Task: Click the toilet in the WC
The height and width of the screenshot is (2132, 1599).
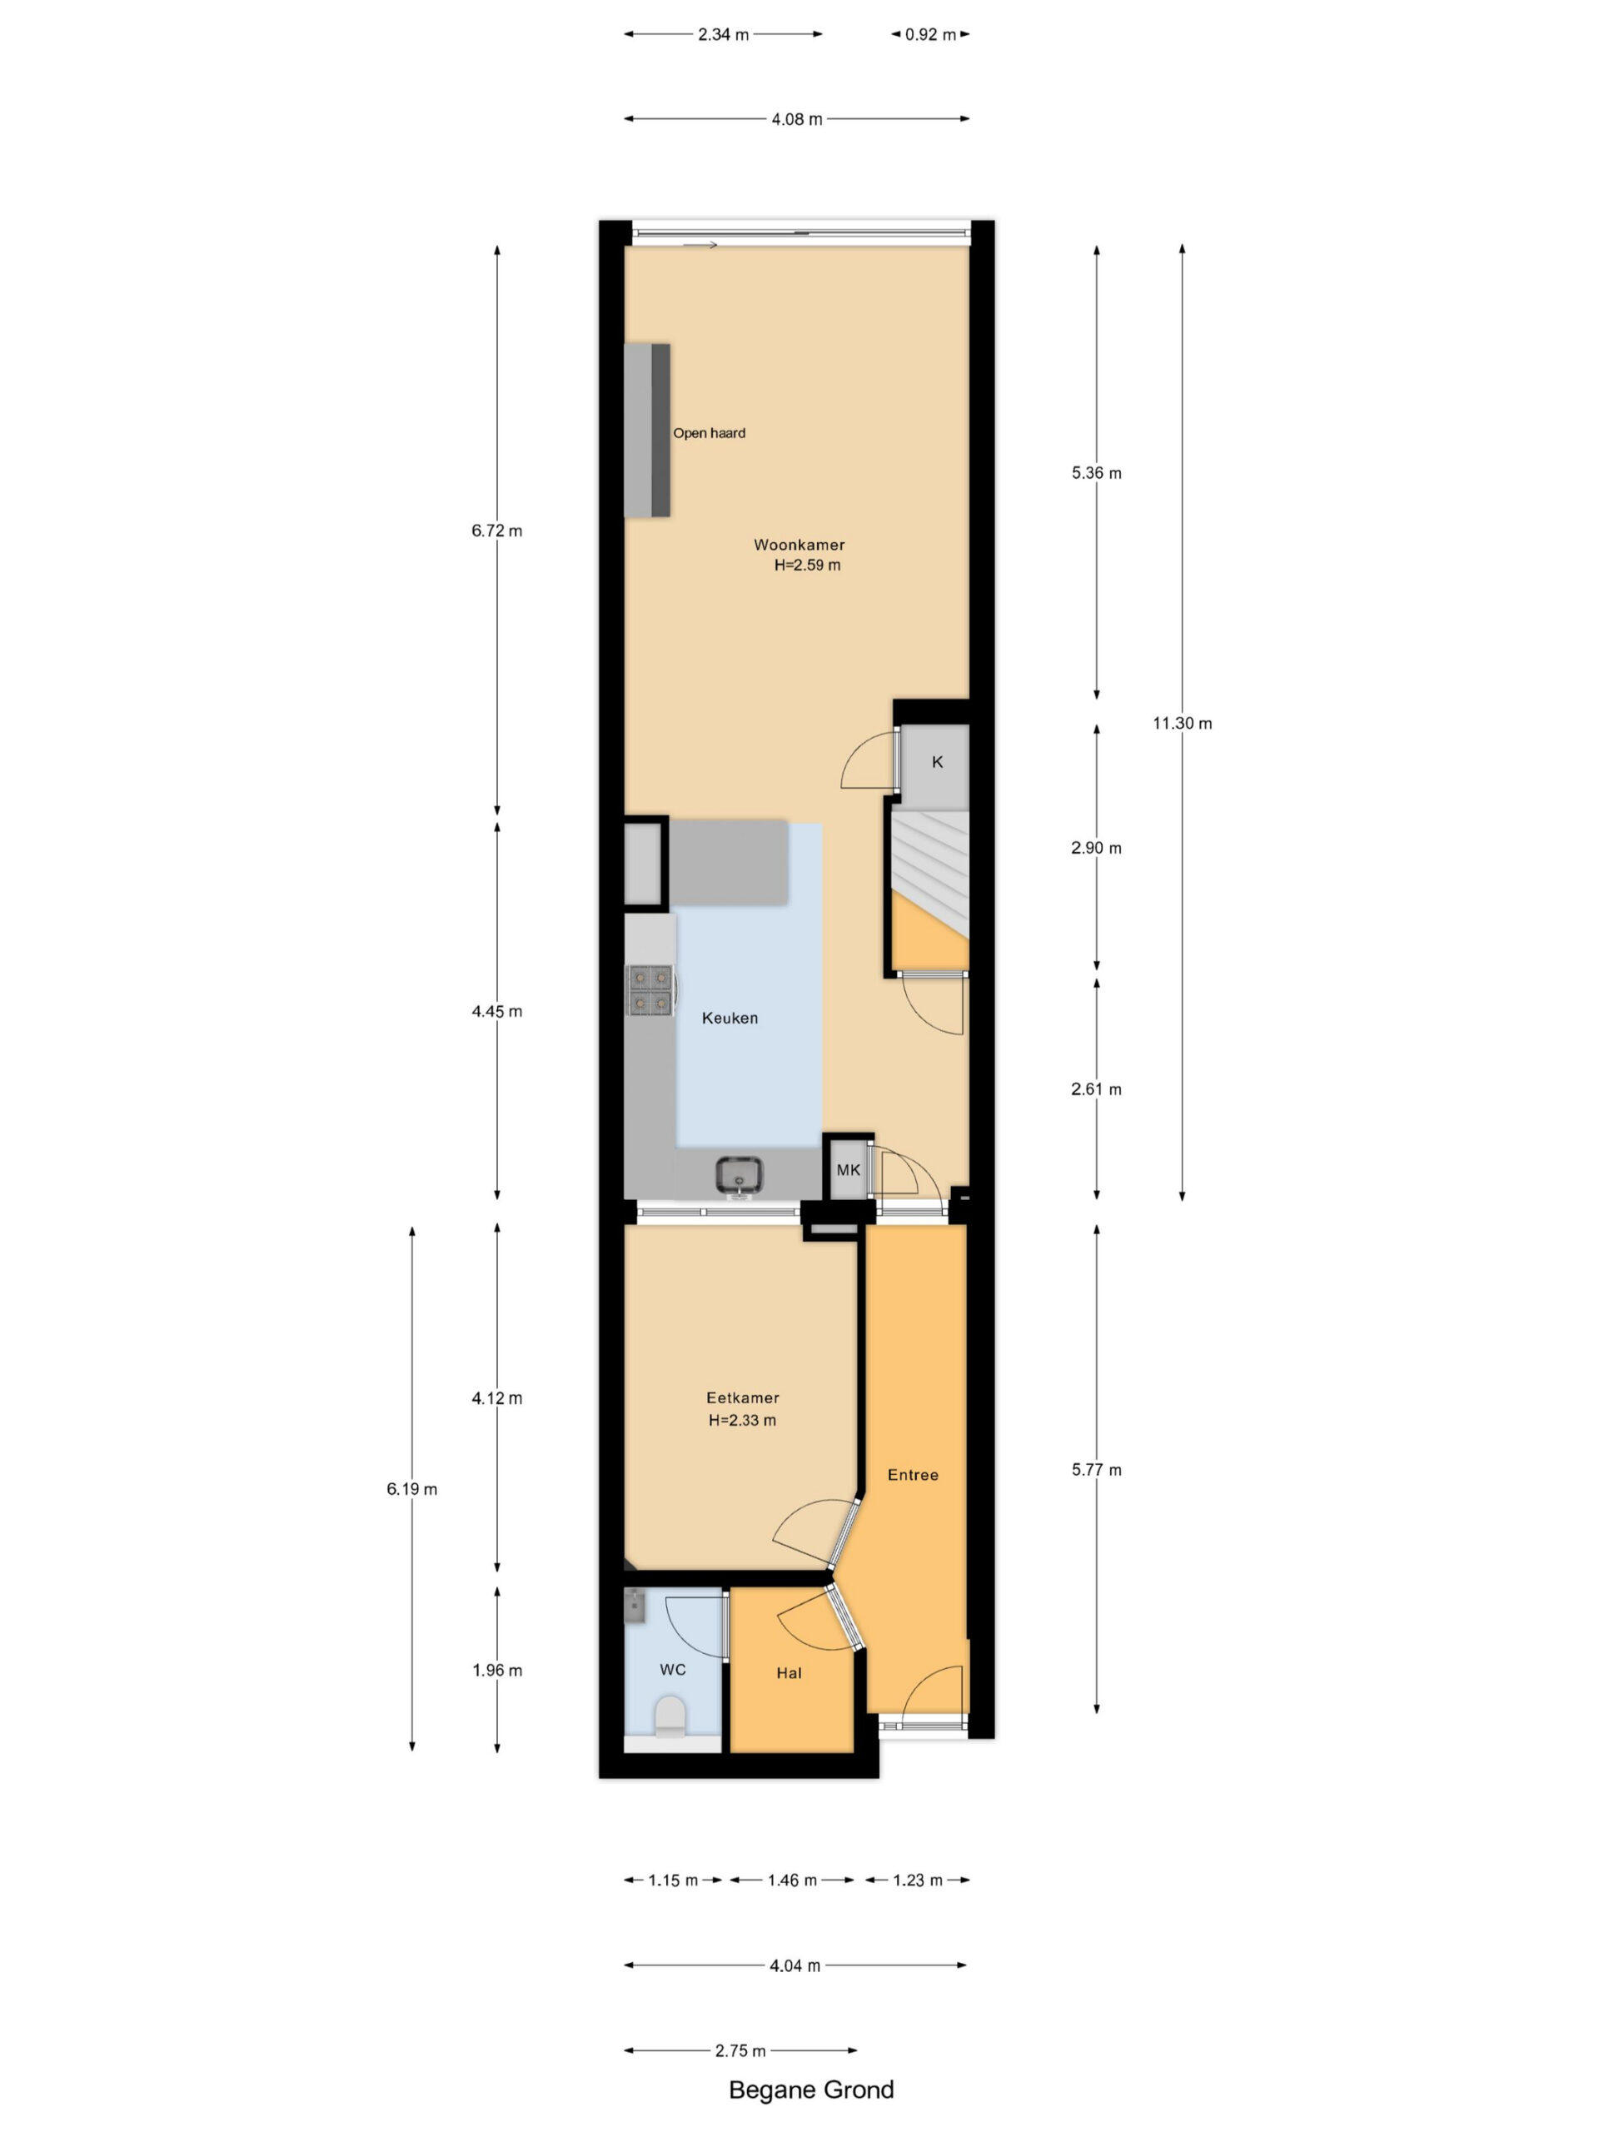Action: pos(670,1716)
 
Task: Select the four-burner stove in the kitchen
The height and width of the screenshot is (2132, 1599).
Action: pos(650,990)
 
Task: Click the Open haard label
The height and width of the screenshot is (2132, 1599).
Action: pos(709,433)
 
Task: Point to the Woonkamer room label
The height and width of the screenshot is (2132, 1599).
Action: pos(799,545)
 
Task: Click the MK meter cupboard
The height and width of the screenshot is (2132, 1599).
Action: pos(848,1169)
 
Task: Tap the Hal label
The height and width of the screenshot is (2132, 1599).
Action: pos(789,1672)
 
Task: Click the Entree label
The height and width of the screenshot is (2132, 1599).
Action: pos(913,1474)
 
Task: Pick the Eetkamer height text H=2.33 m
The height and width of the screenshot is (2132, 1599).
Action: pos(741,1420)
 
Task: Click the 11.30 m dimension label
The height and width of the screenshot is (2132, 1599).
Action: pos(1182,723)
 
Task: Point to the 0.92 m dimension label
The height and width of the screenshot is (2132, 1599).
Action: pos(930,35)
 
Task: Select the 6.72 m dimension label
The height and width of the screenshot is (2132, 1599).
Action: pos(496,531)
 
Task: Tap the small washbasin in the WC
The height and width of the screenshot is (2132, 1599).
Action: pos(635,1606)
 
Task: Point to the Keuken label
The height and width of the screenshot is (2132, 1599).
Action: pos(730,1018)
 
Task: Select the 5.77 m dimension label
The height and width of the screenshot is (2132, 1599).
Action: pos(1096,1470)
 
